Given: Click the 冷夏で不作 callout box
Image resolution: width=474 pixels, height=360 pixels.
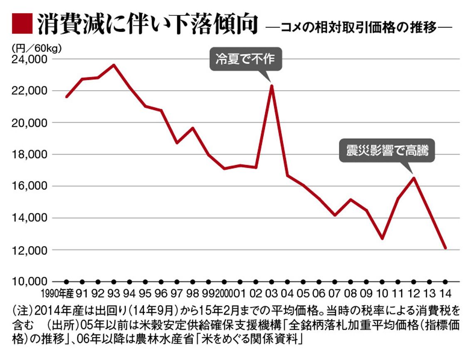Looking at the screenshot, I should [x=245, y=59].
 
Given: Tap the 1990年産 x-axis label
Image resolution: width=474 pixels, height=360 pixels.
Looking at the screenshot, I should [x=57, y=294].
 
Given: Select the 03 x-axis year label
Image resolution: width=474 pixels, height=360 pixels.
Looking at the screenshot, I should [x=271, y=294].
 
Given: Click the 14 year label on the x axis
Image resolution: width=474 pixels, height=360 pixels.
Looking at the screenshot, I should [x=445, y=294].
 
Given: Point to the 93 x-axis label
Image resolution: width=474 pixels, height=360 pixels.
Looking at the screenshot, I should [x=114, y=294].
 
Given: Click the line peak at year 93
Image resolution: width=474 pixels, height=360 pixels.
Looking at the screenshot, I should [x=114, y=65].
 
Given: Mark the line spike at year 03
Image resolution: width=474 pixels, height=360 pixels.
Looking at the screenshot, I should [x=271, y=86].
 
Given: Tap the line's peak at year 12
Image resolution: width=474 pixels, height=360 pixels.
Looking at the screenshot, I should [x=413, y=178].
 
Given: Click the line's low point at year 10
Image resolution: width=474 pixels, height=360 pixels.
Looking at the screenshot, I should [x=382, y=239].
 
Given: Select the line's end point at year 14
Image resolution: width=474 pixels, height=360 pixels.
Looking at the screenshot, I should [x=445, y=248].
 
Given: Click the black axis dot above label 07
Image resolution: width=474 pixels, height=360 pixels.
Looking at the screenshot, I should [x=334, y=281].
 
